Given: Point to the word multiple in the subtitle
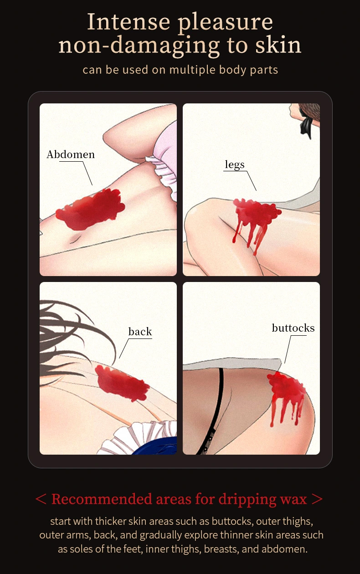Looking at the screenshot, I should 192,70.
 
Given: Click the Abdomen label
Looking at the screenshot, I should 71,154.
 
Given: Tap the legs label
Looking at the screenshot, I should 235,164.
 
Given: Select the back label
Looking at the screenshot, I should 140,332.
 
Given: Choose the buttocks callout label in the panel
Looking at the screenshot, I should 293,328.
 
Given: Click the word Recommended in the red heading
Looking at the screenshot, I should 101,499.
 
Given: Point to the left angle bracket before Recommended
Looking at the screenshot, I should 41,499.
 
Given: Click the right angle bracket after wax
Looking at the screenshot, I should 318,499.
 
